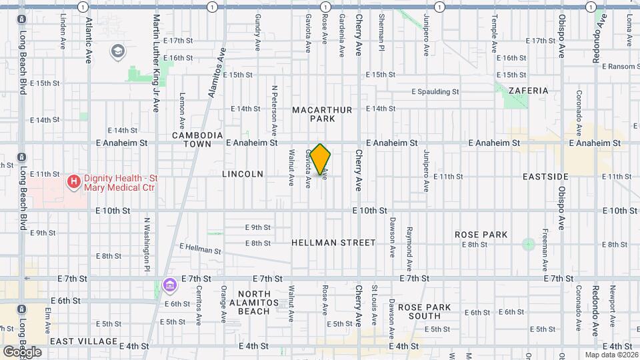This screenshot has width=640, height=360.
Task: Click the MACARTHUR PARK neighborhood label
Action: tap(313, 113)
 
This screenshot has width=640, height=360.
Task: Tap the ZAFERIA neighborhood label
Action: tap(528, 91)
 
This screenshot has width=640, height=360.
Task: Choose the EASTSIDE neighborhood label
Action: tap(545, 177)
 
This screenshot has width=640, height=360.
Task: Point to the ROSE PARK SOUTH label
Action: tap(425, 312)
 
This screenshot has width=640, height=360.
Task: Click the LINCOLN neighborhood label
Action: tap(243, 174)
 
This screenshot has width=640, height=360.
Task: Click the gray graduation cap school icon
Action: tap(118, 51)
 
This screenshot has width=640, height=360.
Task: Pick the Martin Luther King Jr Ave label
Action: tap(156, 63)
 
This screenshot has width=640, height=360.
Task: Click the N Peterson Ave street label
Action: tap(274, 111)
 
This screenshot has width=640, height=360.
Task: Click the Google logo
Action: tap(22, 352)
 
